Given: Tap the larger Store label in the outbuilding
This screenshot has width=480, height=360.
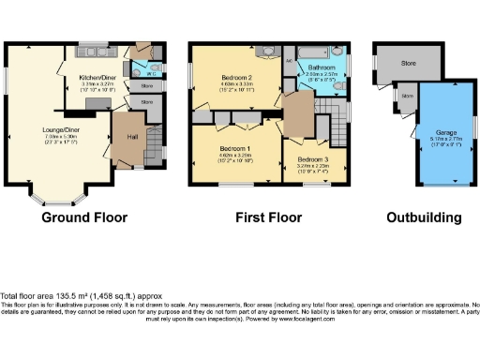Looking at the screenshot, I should pyautogui.click(x=408, y=64).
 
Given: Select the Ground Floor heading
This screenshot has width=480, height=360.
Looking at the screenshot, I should pyautogui.click(x=84, y=217).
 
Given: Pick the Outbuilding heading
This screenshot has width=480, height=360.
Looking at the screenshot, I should pyautogui.click(x=425, y=217).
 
